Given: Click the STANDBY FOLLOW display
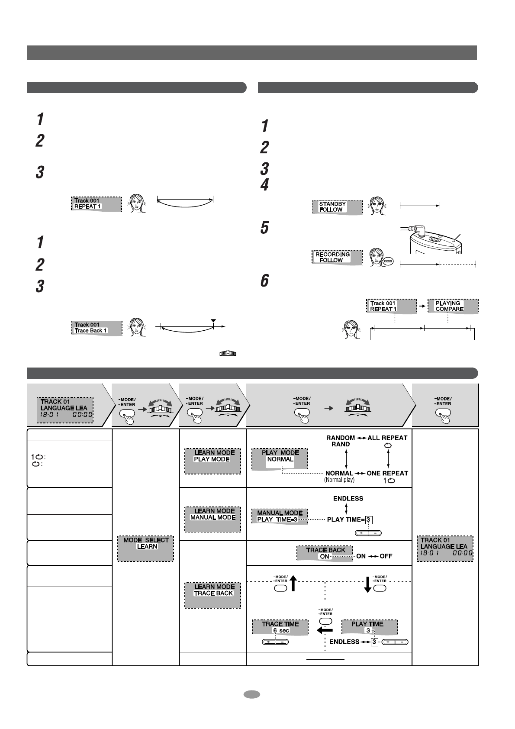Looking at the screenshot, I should point(337,207).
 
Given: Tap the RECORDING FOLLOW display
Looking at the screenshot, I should point(337,257).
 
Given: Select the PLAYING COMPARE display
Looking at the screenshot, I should point(452,306).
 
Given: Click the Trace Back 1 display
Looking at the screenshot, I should point(96,328).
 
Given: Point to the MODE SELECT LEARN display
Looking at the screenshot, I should point(145,548).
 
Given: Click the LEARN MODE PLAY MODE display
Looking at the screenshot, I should point(212,461).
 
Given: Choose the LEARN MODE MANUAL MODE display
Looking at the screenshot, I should point(212,519).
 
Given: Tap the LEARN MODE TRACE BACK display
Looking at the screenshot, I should point(212,595).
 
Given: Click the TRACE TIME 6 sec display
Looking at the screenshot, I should point(280,627).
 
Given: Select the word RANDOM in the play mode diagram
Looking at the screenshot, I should point(341,438).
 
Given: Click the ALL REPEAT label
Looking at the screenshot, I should point(387,438).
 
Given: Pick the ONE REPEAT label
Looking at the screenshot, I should point(387,473).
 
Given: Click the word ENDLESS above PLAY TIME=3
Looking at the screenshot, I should point(348,498).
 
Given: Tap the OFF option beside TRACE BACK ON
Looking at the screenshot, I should point(386,556).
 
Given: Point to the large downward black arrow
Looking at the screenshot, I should point(368,583).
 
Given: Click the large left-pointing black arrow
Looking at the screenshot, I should point(325,630).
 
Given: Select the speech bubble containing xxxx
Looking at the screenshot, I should point(387,261).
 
